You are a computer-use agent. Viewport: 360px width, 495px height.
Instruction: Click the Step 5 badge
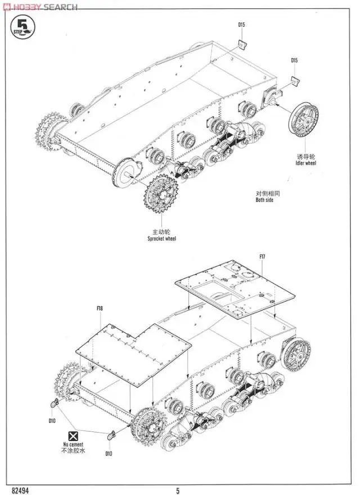tap(22, 27)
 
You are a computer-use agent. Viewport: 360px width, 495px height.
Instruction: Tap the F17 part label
tap(262, 257)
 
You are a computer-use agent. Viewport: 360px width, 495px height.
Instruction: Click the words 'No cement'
tap(73, 444)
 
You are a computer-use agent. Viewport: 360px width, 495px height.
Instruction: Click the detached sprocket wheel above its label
tap(161, 195)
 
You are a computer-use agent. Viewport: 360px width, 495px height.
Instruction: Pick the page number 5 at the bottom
tap(178, 490)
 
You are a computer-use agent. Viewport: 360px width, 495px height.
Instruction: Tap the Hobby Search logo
tap(39, 6)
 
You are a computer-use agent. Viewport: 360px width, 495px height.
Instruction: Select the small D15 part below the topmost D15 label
tap(242, 45)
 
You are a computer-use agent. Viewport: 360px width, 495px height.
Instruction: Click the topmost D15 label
tap(241, 25)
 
